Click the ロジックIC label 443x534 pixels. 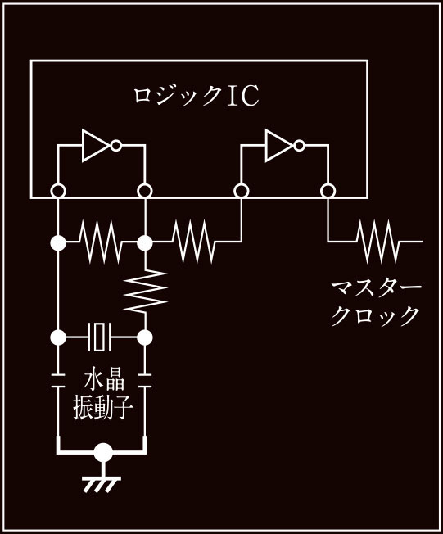(x=196, y=96)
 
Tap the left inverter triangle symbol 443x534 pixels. (x=97, y=146)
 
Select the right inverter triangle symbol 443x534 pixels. (x=279, y=146)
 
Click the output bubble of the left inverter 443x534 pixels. (x=116, y=146)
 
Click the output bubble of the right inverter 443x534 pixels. (x=300, y=146)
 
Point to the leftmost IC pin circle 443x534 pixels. (x=58, y=191)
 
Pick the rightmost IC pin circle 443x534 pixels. (x=328, y=191)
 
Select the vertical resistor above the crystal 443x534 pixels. (x=146, y=291)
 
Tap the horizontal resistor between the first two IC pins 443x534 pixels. (x=101, y=242)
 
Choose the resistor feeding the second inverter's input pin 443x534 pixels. (x=194, y=242)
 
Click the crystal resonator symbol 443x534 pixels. (x=99, y=337)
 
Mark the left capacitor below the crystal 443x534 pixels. (x=58, y=381)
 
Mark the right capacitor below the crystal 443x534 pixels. (x=146, y=381)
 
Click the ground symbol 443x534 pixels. (x=102, y=482)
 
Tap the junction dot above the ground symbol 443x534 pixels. (x=103, y=453)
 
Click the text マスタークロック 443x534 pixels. (x=377, y=303)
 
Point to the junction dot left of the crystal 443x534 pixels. (x=58, y=337)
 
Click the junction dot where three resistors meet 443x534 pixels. (x=145, y=242)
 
